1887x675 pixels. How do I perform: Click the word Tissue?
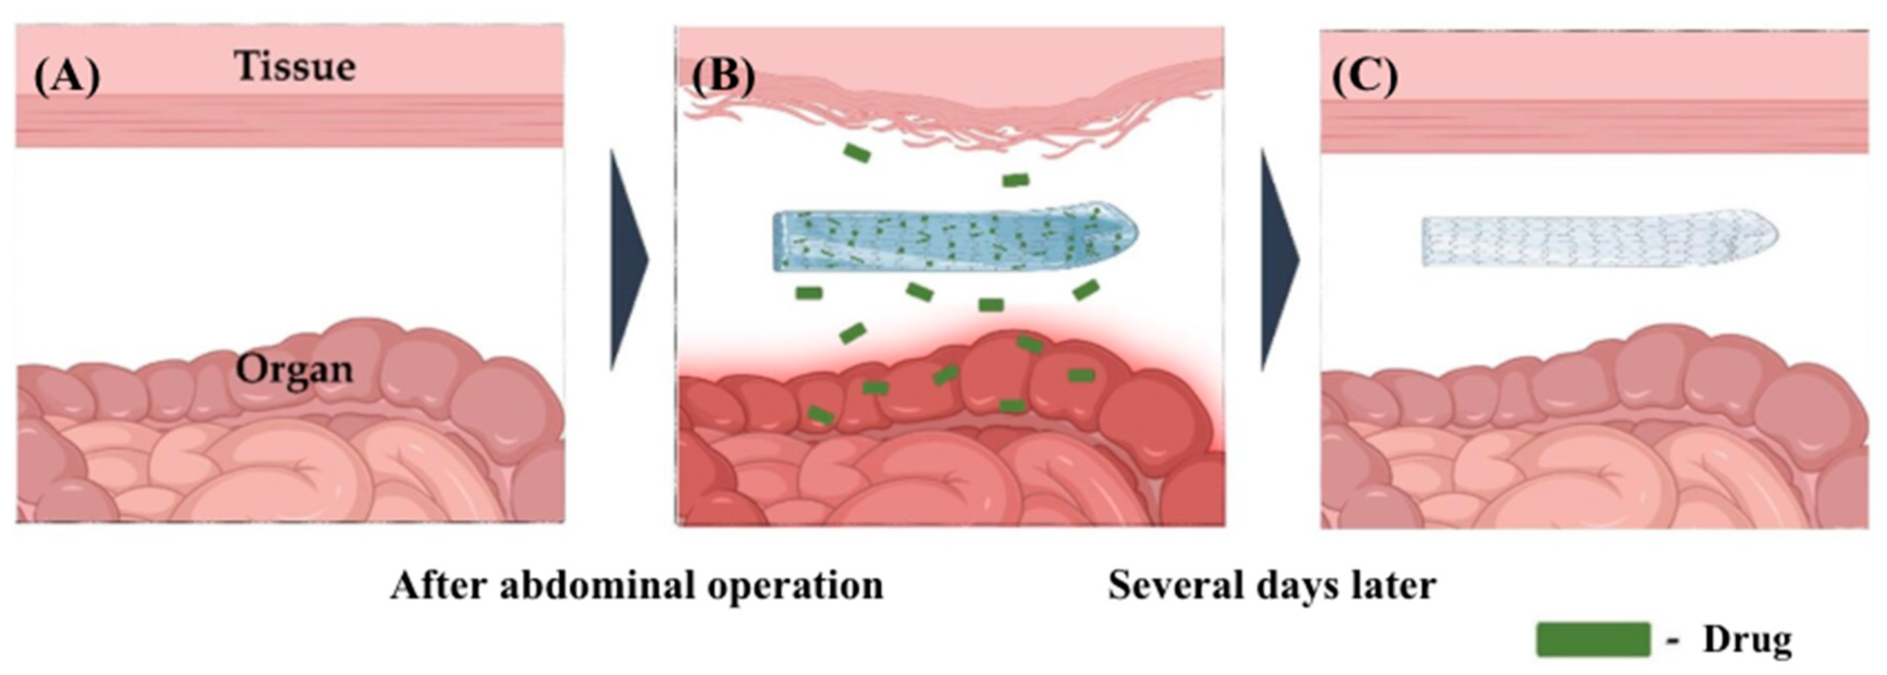point(294,67)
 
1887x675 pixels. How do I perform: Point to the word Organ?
point(294,370)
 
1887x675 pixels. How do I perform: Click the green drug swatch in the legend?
point(1593,639)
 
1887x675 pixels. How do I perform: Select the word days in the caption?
point(1297,586)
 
